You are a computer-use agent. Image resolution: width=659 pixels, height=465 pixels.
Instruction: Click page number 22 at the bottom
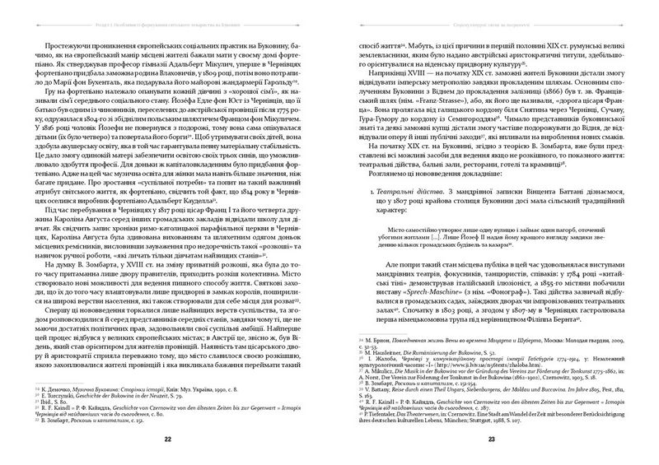tap(167, 439)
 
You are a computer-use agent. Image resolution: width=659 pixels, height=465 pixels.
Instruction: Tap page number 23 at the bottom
tap(491, 439)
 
